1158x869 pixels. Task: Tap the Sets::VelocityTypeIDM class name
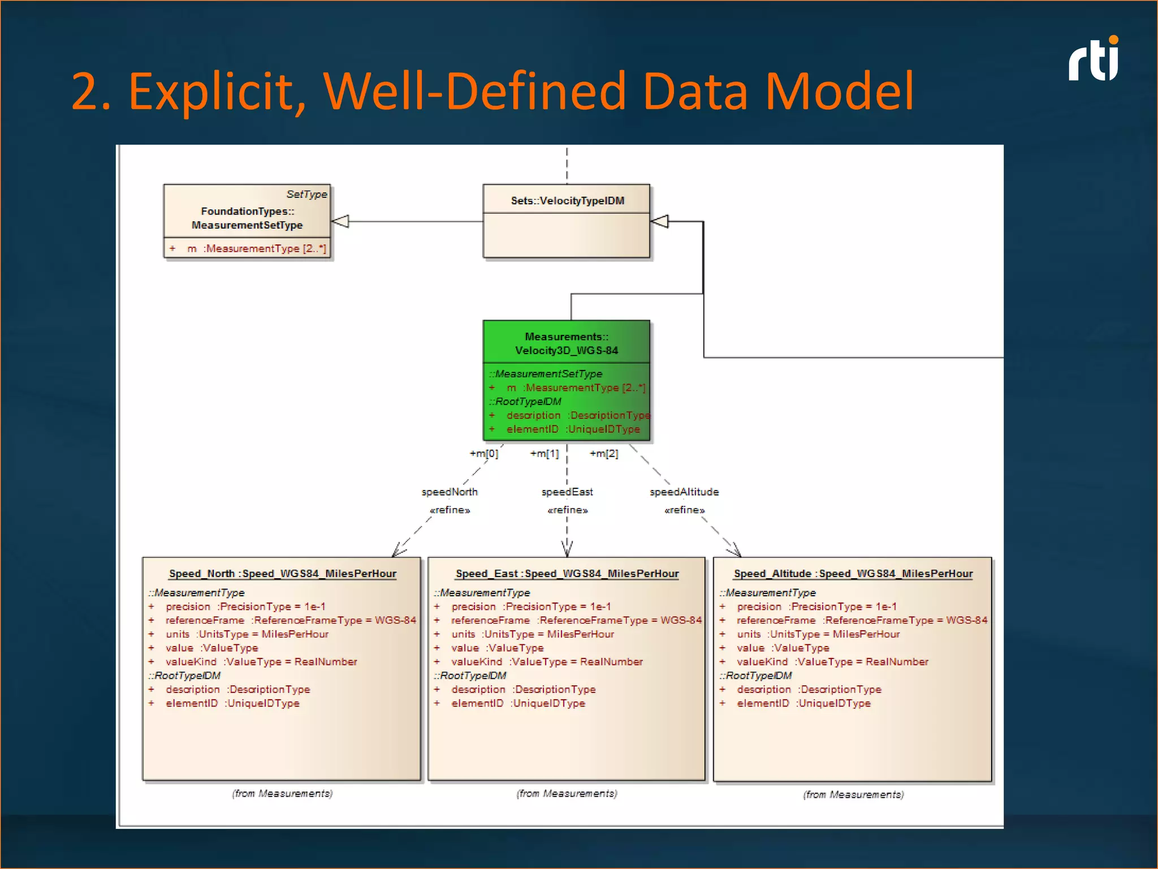tap(567, 201)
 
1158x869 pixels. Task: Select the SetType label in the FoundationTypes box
tap(306, 194)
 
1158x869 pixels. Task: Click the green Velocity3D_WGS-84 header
tap(567, 343)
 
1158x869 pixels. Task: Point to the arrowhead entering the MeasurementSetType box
tap(340, 221)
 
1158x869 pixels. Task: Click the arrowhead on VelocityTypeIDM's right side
tap(660, 221)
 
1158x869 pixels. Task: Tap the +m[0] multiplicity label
tap(484, 454)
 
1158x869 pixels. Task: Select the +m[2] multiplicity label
tap(604, 454)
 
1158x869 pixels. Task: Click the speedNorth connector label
tap(450, 492)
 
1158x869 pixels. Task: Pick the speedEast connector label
tap(567, 492)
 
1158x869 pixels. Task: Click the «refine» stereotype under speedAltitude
tap(684, 510)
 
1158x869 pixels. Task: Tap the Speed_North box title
tap(282, 574)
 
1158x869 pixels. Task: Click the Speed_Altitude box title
tap(853, 574)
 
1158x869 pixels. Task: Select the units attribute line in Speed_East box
tap(532, 634)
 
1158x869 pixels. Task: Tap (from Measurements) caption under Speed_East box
tap(567, 794)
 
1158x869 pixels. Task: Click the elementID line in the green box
tap(572, 429)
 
